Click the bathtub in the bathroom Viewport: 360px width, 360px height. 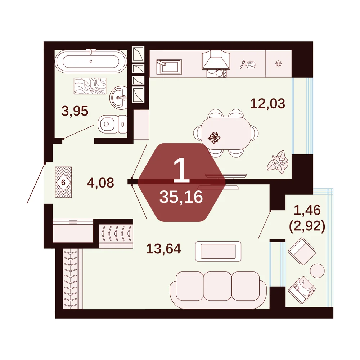(91, 61)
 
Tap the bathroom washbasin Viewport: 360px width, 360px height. (119, 97)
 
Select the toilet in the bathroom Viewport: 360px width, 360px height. (112, 124)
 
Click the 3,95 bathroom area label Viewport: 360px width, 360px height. (75, 111)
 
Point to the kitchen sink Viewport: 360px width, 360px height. (169, 67)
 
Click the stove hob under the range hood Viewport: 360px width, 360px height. (216, 73)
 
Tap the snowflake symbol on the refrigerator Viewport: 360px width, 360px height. (278, 64)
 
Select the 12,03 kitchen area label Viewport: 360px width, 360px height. (268, 104)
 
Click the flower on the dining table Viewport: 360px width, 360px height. (214, 138)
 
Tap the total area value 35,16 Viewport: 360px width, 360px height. (181, 197)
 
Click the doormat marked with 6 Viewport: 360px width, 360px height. (63, 182)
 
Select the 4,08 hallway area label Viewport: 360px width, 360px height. (100, 183)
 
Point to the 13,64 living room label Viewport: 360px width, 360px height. (164, 249)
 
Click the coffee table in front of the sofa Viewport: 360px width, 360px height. (218, 251)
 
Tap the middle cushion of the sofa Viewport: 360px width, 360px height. (218, 286)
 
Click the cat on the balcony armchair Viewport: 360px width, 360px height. (303, 287)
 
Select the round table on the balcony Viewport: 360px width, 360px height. (317, 270)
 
